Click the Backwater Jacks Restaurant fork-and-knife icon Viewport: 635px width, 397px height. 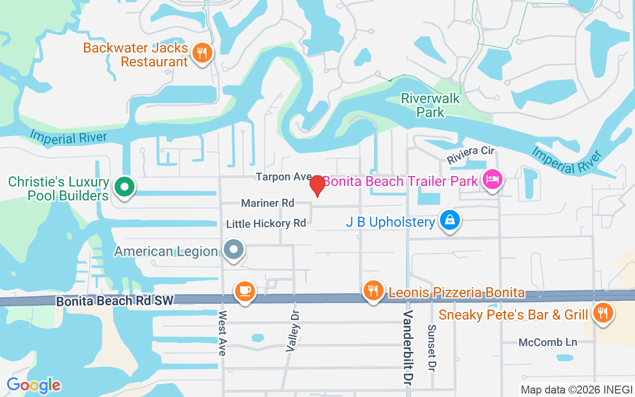201,52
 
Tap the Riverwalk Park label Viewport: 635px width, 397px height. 431,105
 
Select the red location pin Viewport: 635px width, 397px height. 317,186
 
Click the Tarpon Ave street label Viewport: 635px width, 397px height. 283,177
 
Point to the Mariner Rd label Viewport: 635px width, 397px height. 267,203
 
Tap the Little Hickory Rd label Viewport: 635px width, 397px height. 266,224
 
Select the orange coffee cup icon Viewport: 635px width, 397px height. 245,290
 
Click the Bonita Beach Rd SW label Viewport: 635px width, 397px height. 115,301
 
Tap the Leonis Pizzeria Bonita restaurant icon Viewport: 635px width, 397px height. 373,290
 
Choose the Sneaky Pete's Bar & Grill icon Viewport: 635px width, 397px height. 603,313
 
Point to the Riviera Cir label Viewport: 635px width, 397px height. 471,155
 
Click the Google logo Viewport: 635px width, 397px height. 34,385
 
